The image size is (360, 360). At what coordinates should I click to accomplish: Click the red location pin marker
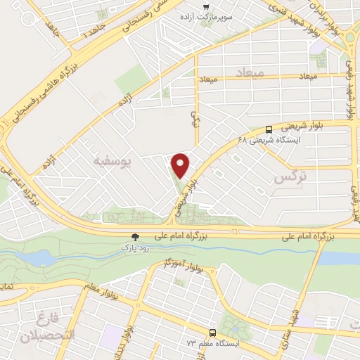(x=181, y=165)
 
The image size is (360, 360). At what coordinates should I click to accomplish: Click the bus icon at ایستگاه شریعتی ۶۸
(x=269, y=129)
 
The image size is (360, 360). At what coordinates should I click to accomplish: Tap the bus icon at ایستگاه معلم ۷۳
(x=212, y=332)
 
